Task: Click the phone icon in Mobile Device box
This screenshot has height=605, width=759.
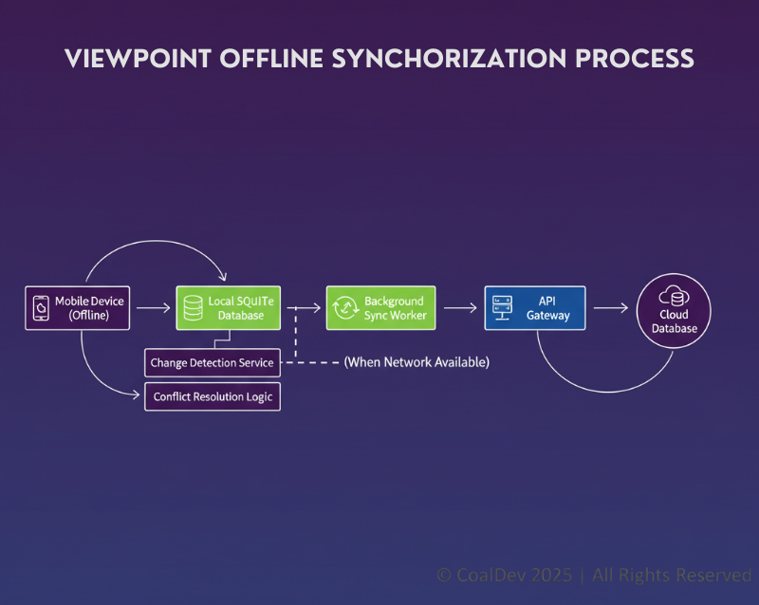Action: pyautogui.click(x=41, y=307)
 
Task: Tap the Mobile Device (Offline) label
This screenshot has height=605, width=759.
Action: pyautogui.click(x=89, y=308)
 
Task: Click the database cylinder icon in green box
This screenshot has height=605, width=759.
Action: pyautogui.click(x=193, y=307)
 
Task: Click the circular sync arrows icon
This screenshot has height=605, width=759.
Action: pyautogui.click(x=342, y=307)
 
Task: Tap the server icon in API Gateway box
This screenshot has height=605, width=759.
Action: pyautogui.click(x=501, y=307)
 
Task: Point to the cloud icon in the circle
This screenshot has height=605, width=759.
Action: pyautogui.click(x=674, y=297)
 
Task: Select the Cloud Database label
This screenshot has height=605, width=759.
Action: pyautogui.click(x=674, y=321)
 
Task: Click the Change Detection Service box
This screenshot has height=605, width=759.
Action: pyautogui.click(x=212, y=362)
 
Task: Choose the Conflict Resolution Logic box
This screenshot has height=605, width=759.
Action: pyautogui.click(x=212, y=396)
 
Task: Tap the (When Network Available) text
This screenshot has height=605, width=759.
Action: pyautogui.click(x=416, y=362)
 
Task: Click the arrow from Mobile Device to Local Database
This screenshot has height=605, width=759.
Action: pyautogui.click(x=153, y=308)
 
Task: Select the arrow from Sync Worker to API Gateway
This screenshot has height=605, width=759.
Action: pyautogui.click(x=459, y=308)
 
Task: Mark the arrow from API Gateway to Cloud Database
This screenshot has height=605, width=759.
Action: pyautogui.click(x=610, y=308)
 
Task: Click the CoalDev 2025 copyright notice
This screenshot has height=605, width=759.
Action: pyautogui.click(x=594, y=575)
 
